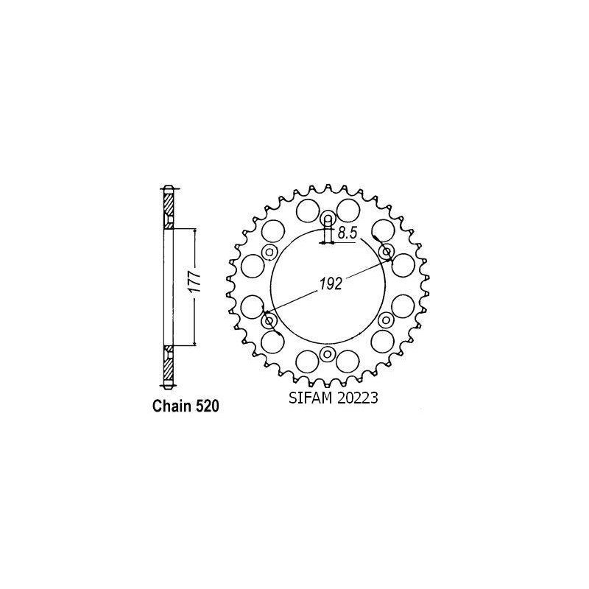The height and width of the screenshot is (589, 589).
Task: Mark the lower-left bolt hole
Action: click(x=268, y=320)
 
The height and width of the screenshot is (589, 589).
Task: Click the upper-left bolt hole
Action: click(x=269, y=253)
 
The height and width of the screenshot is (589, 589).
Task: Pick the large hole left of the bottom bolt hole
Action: click(x=306, y=361)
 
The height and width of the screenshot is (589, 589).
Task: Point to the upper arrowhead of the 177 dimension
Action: click(x=194, y=230)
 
